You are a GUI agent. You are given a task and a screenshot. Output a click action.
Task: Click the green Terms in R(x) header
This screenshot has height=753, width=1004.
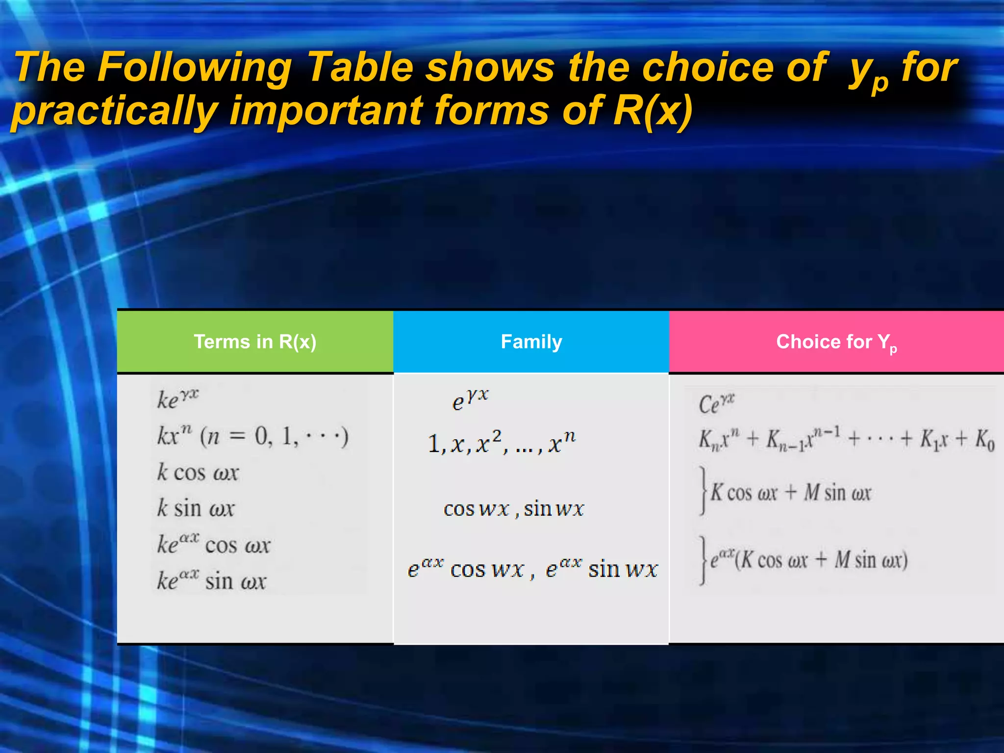255,342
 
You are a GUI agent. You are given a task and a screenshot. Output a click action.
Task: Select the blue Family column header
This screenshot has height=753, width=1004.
531,342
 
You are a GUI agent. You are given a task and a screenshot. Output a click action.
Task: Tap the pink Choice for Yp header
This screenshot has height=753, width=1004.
836,342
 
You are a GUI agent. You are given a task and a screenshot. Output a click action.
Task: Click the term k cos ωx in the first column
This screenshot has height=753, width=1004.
198,473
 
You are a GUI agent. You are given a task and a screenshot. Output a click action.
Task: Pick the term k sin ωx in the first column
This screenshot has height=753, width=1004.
196,508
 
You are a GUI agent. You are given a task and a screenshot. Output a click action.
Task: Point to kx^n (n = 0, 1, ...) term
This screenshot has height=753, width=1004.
252,436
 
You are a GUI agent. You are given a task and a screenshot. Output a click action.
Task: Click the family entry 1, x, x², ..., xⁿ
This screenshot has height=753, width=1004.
502,443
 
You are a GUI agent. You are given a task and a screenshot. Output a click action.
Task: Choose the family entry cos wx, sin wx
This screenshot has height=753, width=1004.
513,509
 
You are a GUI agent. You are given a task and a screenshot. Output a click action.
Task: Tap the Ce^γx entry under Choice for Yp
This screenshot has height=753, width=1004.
716,404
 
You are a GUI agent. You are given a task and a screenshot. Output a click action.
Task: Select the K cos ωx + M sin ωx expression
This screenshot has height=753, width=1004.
790,493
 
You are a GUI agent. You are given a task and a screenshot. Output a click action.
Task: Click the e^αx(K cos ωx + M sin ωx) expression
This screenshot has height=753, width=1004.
808,560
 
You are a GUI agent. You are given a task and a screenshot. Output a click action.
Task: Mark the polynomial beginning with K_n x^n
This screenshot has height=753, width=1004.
846,439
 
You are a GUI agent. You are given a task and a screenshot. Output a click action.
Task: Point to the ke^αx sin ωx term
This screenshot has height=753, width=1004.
211,581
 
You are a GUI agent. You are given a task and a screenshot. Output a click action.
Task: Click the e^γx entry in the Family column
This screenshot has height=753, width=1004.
470,401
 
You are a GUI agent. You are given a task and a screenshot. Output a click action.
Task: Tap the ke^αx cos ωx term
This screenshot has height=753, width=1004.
213,545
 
